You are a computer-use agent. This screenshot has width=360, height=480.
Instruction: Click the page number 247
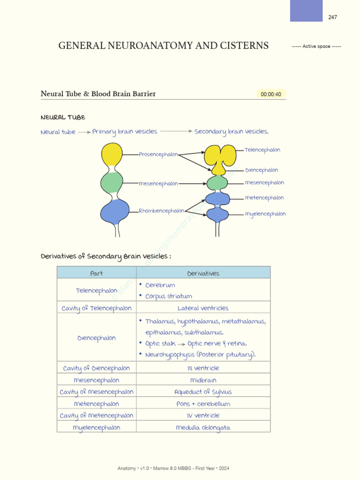[332, 17]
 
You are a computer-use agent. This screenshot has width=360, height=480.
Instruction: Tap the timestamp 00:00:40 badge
[271, 94]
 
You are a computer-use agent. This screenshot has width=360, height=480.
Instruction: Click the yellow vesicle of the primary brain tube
[112, 155]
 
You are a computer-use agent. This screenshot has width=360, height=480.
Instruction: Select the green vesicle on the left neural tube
[112, 183]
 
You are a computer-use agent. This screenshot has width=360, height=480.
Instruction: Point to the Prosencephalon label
[158, 154]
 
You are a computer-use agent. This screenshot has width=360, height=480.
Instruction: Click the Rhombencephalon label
[161, 211]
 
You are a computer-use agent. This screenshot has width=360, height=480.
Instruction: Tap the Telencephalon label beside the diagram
[262, 150]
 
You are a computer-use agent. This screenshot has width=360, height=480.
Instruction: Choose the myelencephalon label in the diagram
[265, 214]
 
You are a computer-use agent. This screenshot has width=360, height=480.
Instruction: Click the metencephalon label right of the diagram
[264, 198]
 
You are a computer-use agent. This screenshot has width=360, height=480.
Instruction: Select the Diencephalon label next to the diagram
[262, 170]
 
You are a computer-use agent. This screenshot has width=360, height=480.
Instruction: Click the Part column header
[97, 273]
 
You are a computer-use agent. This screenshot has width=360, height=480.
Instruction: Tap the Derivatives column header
[203, 273]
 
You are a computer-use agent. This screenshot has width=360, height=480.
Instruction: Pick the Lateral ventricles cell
[203, 308]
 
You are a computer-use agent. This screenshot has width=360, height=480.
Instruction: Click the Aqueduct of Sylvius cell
[203, 392]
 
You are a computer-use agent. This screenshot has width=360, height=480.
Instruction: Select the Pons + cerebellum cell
[203, 404]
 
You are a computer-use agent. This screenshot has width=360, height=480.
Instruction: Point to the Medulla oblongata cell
[203, 427]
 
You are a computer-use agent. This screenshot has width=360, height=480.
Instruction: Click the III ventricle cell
[203, 368]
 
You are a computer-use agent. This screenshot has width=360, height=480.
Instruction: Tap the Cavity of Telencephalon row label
[97, 308]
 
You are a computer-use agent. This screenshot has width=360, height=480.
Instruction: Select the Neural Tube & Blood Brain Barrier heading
[98, 94]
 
